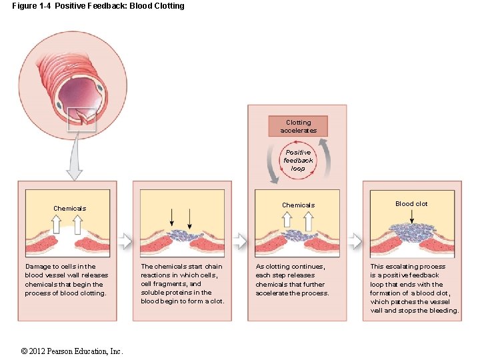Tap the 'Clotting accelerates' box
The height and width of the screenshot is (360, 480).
298,126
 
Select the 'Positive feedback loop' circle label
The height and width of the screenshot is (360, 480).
298,161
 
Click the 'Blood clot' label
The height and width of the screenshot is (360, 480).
411,204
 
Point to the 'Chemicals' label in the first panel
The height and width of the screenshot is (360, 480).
69,209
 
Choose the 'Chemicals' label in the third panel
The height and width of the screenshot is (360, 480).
298,205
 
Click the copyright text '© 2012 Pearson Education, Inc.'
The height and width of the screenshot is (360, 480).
71,351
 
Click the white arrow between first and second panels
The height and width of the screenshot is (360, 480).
125,239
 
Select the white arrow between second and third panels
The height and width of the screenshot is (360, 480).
239,239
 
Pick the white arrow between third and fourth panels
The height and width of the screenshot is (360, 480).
355,239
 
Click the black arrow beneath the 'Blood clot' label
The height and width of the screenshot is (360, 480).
411,217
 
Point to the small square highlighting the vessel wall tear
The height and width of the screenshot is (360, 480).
82,119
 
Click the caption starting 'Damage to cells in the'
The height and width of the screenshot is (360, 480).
66,279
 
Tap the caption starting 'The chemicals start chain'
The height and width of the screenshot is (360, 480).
182,283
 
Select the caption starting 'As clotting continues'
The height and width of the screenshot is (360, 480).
293,279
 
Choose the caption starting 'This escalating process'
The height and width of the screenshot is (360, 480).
414,288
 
